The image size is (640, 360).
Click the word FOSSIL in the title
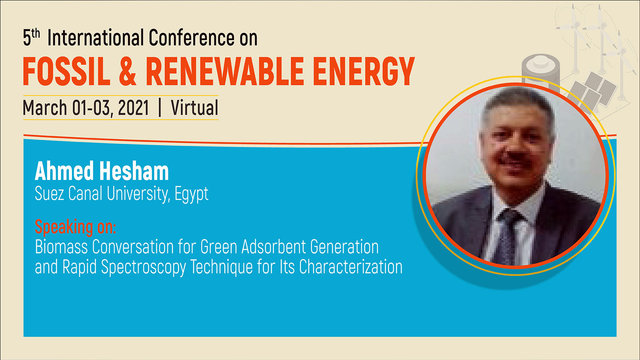(66, 71)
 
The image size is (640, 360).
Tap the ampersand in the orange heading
(128, 71)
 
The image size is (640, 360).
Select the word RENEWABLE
(225, 71)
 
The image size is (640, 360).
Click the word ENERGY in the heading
(364, 71)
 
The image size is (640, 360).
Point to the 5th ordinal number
(31, 38)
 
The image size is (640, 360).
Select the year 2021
(133, 108)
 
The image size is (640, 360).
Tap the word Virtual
(194, 108)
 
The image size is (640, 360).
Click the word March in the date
(45, 108)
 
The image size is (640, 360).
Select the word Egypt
(192, 194)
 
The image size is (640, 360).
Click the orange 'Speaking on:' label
(76, 228)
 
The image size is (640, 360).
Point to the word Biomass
(62, 247)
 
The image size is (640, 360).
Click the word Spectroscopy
(144, 268)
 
